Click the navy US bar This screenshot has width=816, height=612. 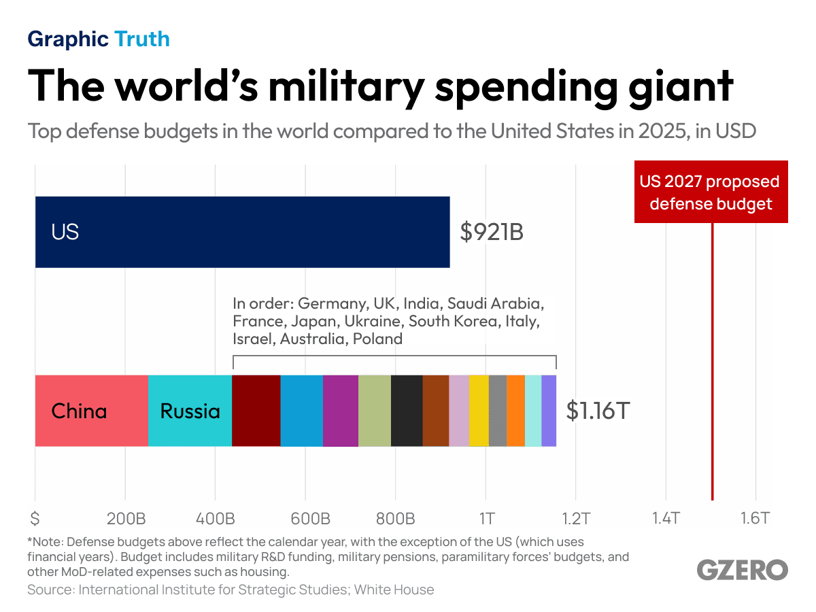(242, 232)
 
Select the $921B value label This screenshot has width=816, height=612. (491, 233)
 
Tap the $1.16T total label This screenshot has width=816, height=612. (598, 411)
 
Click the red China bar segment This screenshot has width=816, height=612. (91, 411)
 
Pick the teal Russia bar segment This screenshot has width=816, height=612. (190, 411)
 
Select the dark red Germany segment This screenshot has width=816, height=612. (256, 411)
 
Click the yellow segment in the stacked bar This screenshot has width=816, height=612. (478, 411)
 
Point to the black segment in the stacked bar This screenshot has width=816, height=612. (407, 411)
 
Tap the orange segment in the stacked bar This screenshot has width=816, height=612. (515, 411)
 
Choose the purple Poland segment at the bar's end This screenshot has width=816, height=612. (549, 411)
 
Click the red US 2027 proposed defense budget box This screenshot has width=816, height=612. (711, 192)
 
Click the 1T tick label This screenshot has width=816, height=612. (486, 519)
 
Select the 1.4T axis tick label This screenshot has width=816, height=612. (666, 519)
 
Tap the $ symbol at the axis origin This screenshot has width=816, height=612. (35, 519)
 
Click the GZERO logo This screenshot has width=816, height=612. (743, 570)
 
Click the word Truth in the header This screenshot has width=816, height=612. (142, 39)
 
